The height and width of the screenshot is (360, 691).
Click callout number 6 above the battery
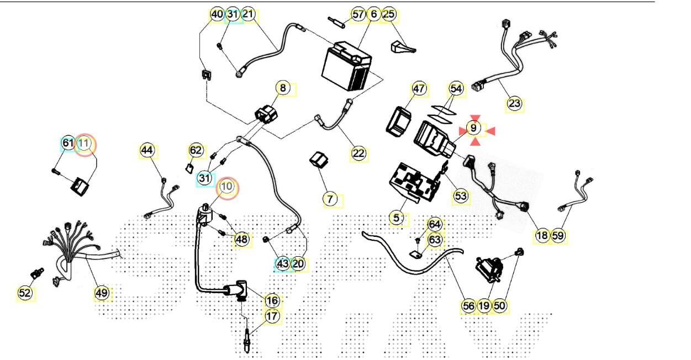point(374,14)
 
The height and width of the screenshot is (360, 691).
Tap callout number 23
point(514,103)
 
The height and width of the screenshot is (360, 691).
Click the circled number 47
point(419,88)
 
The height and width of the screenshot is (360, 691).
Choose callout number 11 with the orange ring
point(85,144)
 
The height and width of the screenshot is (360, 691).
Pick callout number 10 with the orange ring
point(227,187)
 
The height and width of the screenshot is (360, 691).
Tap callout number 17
point(272,316)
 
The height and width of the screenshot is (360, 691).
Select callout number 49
point(101,293)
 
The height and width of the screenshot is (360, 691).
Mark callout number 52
point(25,293)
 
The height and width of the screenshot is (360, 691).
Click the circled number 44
point(146,150)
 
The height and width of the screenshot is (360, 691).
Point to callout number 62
point(196,150)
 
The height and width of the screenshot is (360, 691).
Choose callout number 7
point(330,199)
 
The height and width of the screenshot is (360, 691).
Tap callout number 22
point(358,153)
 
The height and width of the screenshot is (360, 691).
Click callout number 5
point(396,218)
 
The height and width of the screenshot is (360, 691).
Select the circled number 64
point(435,225)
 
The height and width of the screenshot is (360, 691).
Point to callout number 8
point(282,88)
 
